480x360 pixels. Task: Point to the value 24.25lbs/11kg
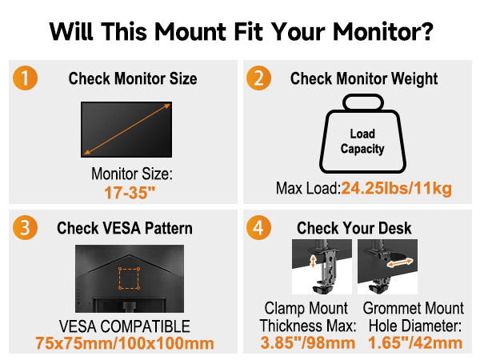click(397, 189)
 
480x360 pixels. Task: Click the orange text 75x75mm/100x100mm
click(125, 344)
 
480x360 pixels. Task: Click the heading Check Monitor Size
click(133, 79)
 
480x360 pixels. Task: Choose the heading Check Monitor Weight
click(364, 79)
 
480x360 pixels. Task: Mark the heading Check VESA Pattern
click(125, 228)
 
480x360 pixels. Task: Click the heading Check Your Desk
click(354, 228)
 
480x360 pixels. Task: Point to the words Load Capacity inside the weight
click(362, 142)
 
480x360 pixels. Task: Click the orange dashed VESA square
click(128, 278)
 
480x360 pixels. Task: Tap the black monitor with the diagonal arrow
click(126, 128)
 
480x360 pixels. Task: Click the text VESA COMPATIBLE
click(125, 326)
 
